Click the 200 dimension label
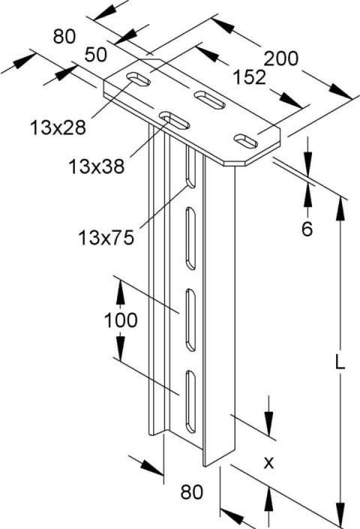tap(281, 58)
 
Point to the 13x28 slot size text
tap(58, 127)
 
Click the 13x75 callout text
tap(105, 239)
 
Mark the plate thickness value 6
tap(307, 230)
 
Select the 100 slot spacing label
tap(120, 320)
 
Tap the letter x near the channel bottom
tap(268, 463)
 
